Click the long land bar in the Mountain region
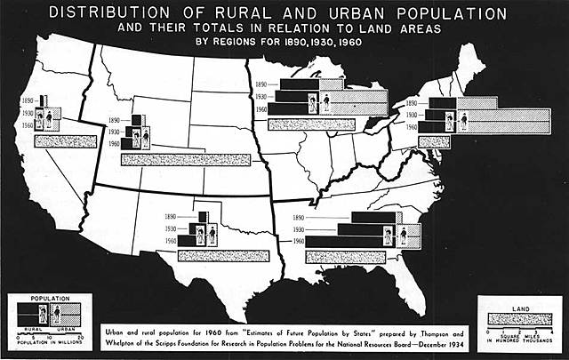coord(174,159)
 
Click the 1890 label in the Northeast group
coord(411,104)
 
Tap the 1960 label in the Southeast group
coord(298,241)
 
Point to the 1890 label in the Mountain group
coord(113,119)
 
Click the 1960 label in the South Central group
coord(171,241)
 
